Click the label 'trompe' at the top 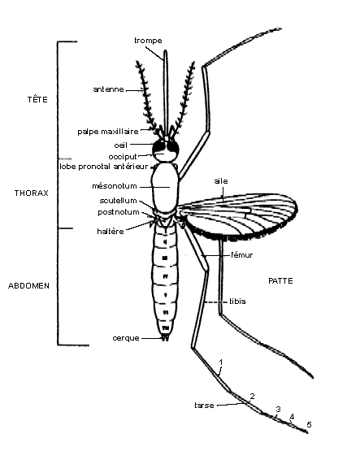[x=148, y=41]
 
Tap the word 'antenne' [x=108, y=89]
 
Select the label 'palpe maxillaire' [x=108, y=132]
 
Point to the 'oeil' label [x=120, y=145]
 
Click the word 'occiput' [x=123, y=157]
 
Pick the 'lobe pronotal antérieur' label [x=103, y=167]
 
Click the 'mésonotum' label [x=115, y=186]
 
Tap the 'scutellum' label [x=119, y=201]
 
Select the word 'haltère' [x=111, y=232]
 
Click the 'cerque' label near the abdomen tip [x=126, y=338]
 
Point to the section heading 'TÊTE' [x=37, y=100]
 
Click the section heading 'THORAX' [x=32, y=193]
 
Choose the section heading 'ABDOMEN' [x=28, y=286]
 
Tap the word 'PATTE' [x=281, y=281]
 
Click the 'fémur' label [x=241, y=255]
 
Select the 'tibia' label [x=237, y=302]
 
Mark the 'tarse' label [x=204, y=406]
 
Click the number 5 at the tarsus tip [x=309, y=424]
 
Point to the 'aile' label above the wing [x=221, y=181]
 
